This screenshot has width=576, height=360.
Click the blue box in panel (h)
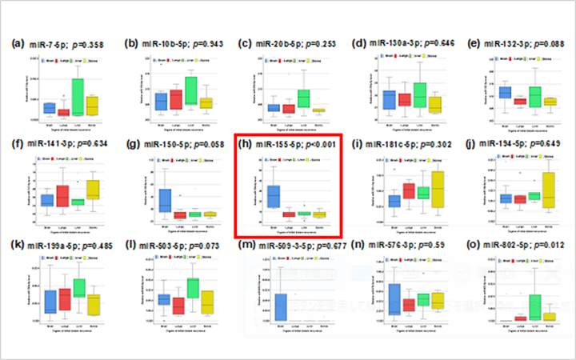pyautogui.click(x=274, y=196)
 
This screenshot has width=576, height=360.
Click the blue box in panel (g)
pyautogui.click(x=165, y=200)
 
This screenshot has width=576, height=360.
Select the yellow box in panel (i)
pyautogui.click(x=438, y=190)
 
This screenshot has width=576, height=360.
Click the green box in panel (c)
pyautogui.click(x=303, y=98)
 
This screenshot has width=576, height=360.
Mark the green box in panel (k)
pyautogui.click(x=78, y=288)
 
